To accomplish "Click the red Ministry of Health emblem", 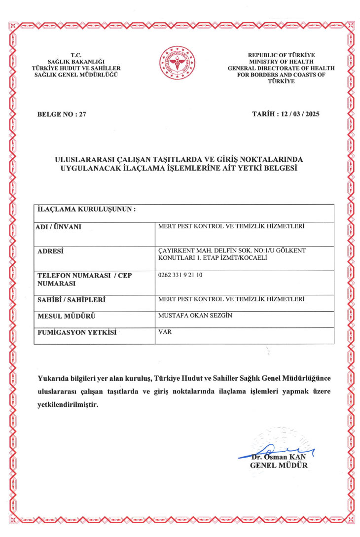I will tap(174, 65).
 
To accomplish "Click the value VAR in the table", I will tap(164, 332).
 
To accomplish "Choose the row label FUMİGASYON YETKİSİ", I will tap(77, 332).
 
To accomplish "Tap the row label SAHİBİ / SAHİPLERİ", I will tap(72, 299).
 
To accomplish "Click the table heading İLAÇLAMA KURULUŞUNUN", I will tap(86, 209).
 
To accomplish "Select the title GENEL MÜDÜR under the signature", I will tap(279, 465).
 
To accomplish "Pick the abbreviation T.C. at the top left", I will tap(76, 55).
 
